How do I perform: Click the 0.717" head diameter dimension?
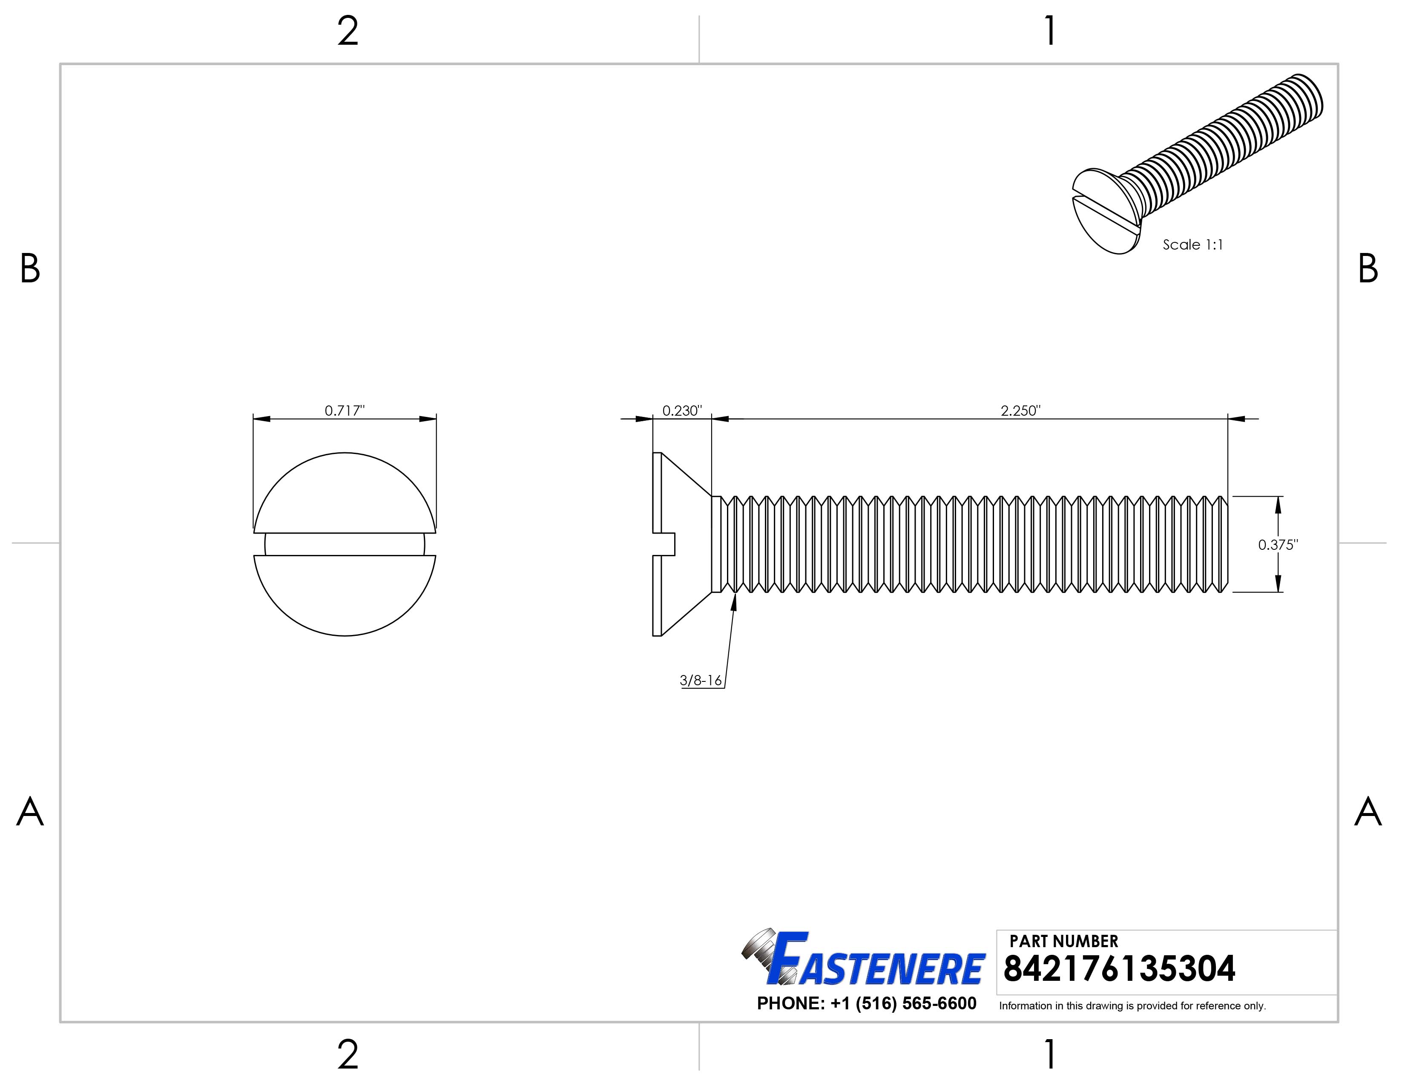(345, 410)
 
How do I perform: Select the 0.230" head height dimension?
(682, 410)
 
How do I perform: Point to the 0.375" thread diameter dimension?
(1278, 544)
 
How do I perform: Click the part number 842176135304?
(1119, 969)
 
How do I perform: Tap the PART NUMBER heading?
(1064, 942)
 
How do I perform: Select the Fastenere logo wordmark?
(877, 961)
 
